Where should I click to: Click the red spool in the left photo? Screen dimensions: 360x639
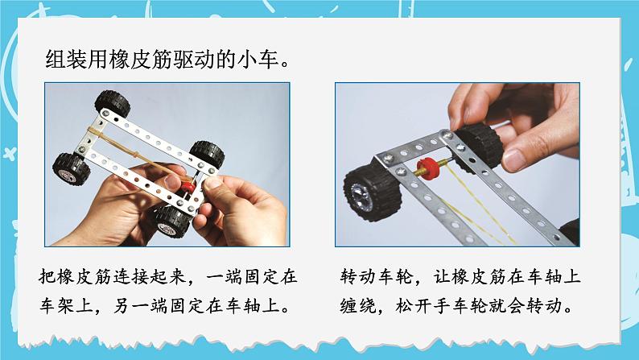(188, 187)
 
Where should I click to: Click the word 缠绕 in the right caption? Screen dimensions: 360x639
(358, 308)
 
